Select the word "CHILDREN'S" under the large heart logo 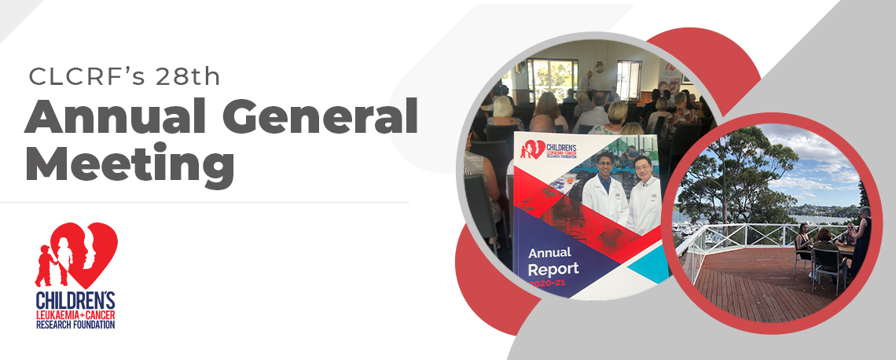pyautogui.click(x=75, y=300)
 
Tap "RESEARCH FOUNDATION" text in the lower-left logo pyautogui.click(x=75, y=325)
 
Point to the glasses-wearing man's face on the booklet pyautogui.click(x=643, y=170)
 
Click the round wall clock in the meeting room pyautogui.click(x=599, y=67)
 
